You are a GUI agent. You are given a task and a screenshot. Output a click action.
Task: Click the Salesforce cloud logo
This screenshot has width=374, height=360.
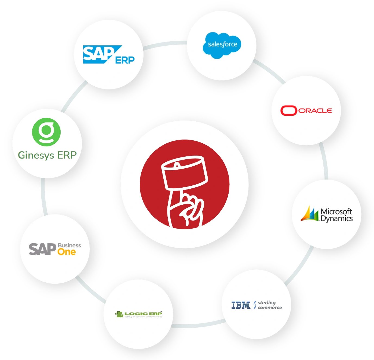222,45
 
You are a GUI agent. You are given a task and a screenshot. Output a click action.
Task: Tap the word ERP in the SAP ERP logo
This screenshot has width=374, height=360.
125,60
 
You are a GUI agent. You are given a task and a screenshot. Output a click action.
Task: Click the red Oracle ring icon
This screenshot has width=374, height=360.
288,111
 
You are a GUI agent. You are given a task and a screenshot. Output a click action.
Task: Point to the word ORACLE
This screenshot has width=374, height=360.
315,111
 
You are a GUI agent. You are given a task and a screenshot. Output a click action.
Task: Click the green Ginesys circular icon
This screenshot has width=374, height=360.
46,132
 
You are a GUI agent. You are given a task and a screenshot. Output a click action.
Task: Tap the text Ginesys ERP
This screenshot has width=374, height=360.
47,155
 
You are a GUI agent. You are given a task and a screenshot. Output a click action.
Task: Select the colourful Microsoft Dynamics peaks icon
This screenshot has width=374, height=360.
310,214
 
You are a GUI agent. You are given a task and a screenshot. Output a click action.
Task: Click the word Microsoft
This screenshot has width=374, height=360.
336,211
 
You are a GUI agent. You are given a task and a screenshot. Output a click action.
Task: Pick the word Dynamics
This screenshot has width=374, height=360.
336,219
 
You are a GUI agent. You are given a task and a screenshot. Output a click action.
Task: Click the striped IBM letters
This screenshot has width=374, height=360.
241,305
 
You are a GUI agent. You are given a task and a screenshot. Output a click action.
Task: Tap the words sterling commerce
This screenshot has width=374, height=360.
269,305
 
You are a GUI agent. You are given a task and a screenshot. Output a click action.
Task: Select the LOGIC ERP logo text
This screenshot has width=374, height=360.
143,314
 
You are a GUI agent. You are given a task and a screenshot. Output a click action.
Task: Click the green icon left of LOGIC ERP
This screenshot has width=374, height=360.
119,314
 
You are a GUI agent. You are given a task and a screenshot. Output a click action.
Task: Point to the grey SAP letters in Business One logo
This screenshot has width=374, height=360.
42,249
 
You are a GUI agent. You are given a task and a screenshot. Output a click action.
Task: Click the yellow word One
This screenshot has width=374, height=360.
67,252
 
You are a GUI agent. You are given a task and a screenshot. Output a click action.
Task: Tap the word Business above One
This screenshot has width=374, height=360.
69,245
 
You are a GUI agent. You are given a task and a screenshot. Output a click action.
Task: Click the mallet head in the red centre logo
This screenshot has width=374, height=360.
185,172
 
